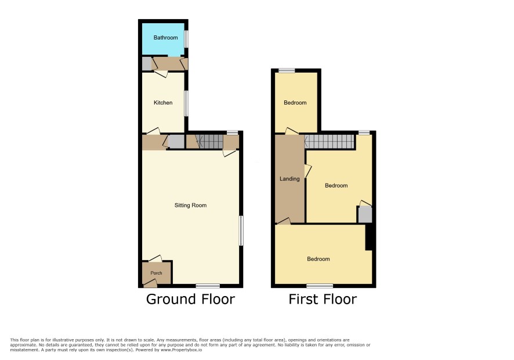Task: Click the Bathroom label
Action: point(165,38)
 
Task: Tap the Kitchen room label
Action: point(163,103)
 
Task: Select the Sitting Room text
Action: point(190,206)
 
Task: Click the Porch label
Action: point(157,273)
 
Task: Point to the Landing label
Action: point(289,179)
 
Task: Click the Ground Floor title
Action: point(190,299)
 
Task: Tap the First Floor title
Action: point(323,299)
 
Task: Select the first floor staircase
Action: point(330,142)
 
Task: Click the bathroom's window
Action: point(187,39)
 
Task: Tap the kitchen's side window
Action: point(187,103)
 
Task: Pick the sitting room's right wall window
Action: point(241,231)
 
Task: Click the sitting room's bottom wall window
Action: point(208,286)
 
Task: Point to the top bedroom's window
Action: point(287,70)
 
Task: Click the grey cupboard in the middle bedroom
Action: point(365,215)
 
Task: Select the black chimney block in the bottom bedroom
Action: point(369,237)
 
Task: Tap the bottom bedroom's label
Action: point(318,259)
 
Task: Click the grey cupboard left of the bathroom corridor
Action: point(147,64)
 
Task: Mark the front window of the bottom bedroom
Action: point(320,286)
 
